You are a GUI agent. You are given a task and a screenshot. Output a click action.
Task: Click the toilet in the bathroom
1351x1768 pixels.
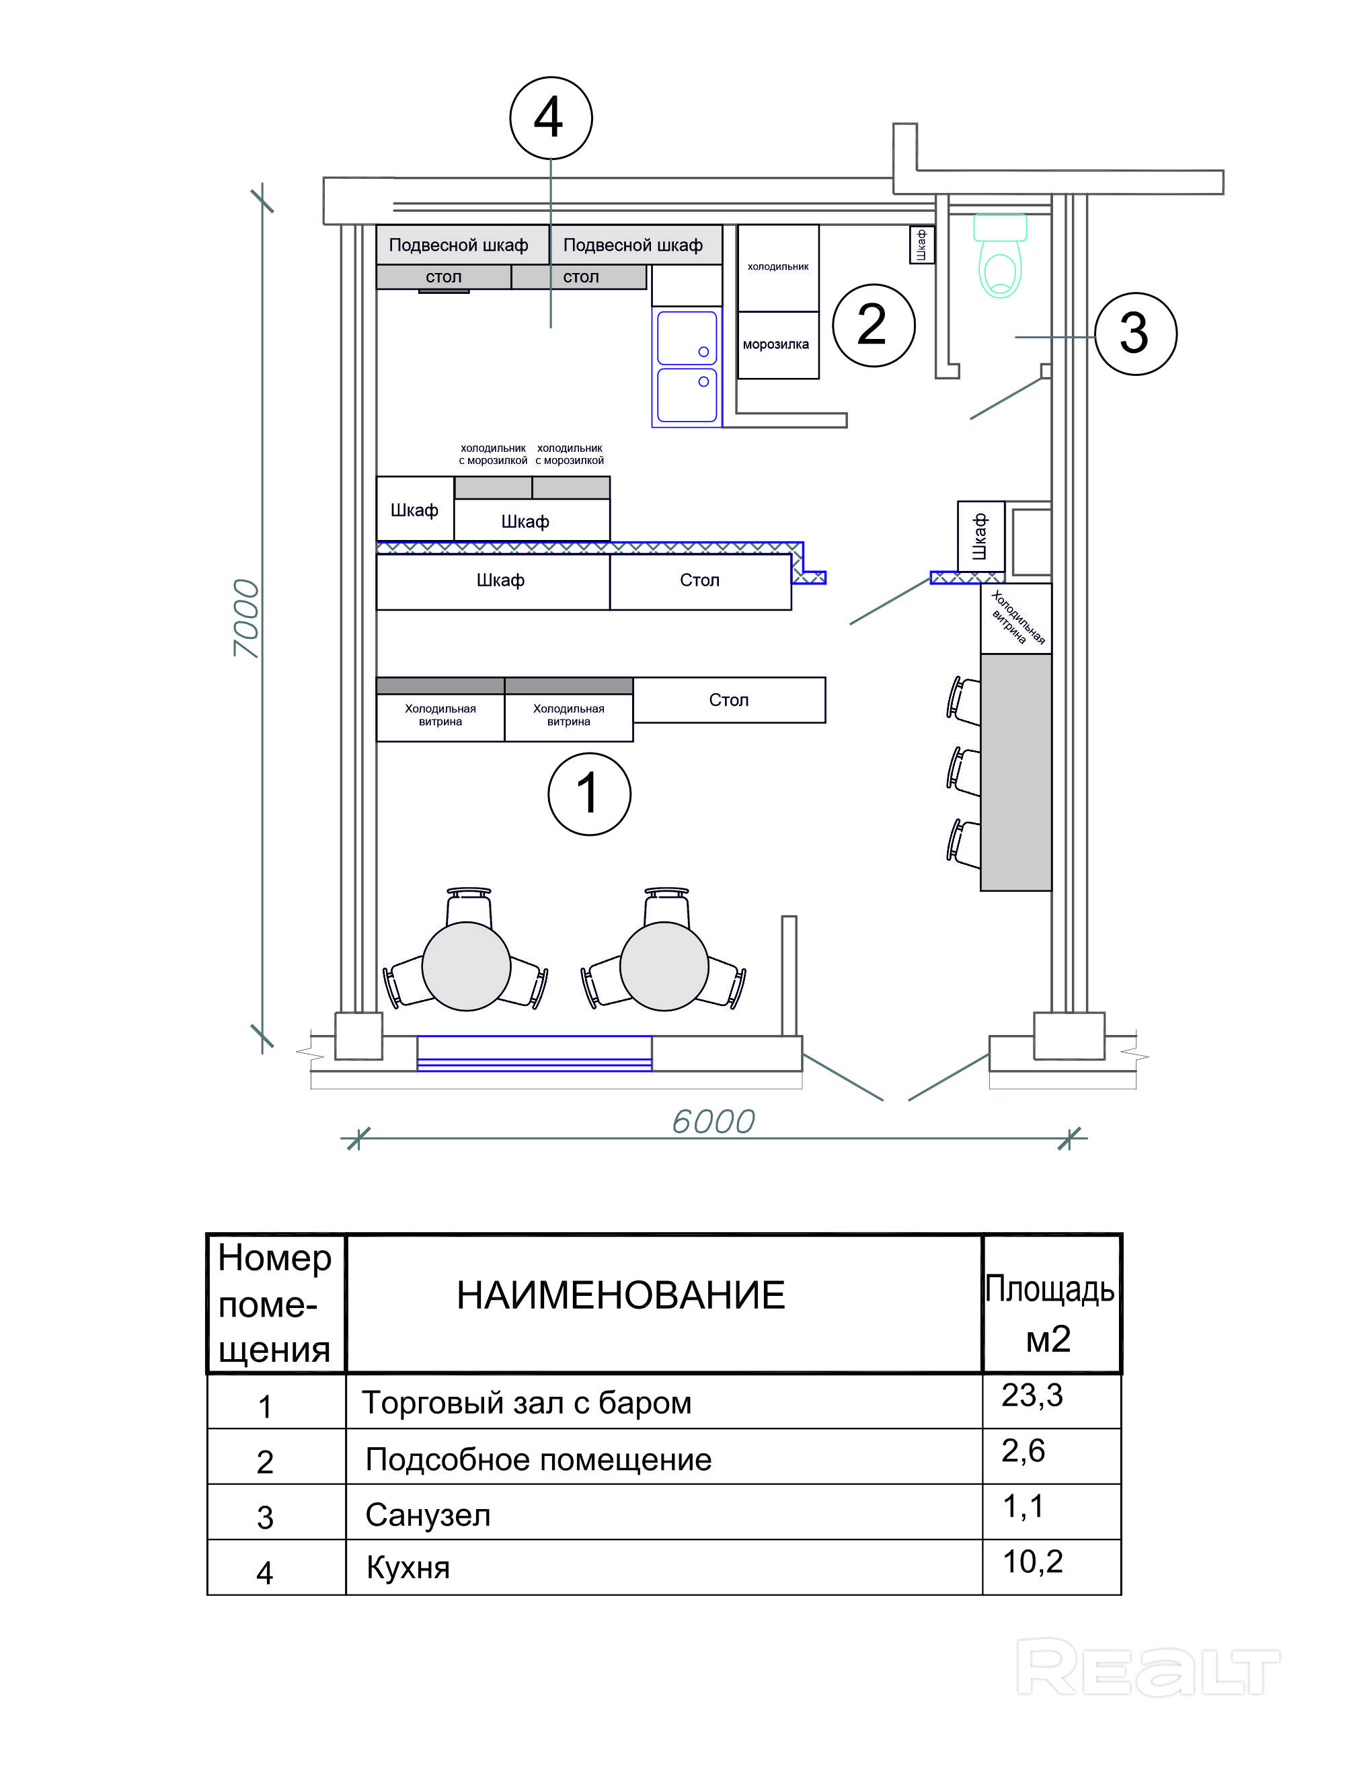pos(1001,255)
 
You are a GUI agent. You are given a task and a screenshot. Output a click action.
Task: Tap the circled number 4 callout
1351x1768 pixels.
pos(551,118)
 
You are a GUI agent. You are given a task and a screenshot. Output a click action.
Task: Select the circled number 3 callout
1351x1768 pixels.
pos(1136,334)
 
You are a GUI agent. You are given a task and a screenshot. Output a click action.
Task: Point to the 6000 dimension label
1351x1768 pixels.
pos(713,1122)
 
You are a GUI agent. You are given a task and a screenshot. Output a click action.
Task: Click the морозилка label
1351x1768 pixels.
pos(775,344)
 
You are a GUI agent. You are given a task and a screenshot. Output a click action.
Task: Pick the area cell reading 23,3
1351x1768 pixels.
pos(1032,1395)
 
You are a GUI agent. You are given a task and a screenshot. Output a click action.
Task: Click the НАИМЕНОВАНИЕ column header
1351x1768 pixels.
pos(621,1295)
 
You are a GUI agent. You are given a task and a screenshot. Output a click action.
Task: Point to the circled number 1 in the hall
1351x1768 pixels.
pos(590,794)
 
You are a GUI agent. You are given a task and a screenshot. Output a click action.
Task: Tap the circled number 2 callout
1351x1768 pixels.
pos(874,325)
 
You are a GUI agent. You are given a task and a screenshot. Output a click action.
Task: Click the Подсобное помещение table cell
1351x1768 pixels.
pos(539,1460)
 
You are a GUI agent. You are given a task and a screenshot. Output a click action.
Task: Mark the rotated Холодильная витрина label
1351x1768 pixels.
pos(1017,617)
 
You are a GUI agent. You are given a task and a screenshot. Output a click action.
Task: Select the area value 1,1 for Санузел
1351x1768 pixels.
pos(1023,1506)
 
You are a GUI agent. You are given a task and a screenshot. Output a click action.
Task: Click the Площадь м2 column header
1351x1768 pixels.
pos(1050,1314)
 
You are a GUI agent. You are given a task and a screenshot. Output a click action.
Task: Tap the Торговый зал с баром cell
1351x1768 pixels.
pos(527,1403)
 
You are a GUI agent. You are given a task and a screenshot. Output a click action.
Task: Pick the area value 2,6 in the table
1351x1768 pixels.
pos(1023,1451)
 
